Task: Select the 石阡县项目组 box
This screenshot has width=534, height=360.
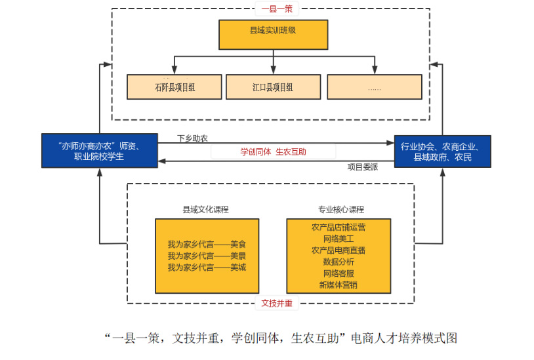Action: [x=175, y=87]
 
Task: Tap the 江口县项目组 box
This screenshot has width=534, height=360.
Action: [x=273, y=87]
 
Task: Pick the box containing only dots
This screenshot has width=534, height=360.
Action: [x=374, y=87]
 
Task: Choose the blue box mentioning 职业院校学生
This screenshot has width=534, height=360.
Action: [x=99, y=151]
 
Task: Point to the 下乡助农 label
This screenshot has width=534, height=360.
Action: [x=192, y=139]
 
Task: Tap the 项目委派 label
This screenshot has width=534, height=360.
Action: [x=363, y=167]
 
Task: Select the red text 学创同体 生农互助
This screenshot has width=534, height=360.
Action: [x=273, y=151]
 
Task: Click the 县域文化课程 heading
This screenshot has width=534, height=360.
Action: [x=205, y=210]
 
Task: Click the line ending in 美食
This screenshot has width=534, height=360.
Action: [x=207, y=244]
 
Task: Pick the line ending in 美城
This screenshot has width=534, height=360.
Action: [x=207, y=267]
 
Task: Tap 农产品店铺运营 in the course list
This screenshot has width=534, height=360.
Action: [x=339, y=228]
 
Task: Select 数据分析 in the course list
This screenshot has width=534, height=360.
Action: [x=339, y=262]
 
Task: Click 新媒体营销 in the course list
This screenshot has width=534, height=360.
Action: [x=339, y=285]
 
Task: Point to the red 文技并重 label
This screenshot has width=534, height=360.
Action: [x=277, y=303]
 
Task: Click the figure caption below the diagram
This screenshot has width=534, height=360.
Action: [x=281, y=338]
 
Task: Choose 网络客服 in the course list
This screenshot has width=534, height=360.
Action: [x=339, y=273]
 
